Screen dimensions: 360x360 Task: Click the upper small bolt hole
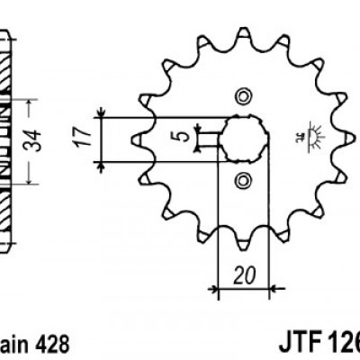[241, 96]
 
